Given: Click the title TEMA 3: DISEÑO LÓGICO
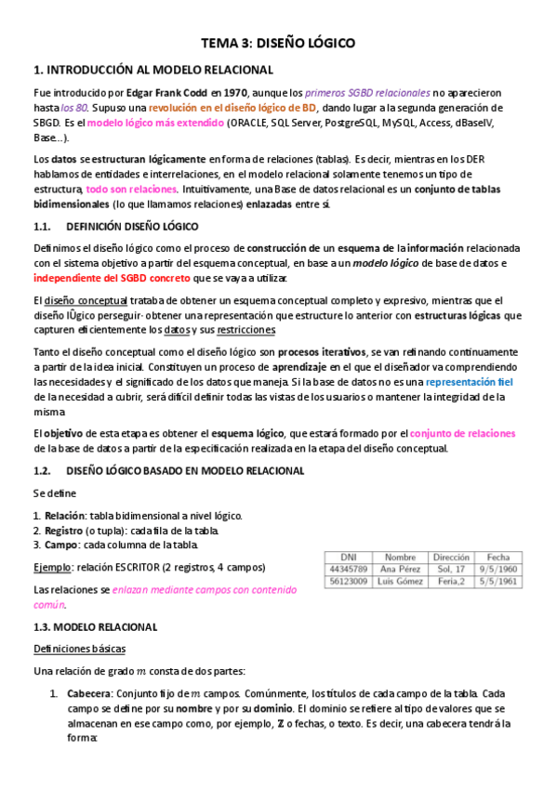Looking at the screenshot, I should pos(278,43).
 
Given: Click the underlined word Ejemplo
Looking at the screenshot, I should pos(50,567).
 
